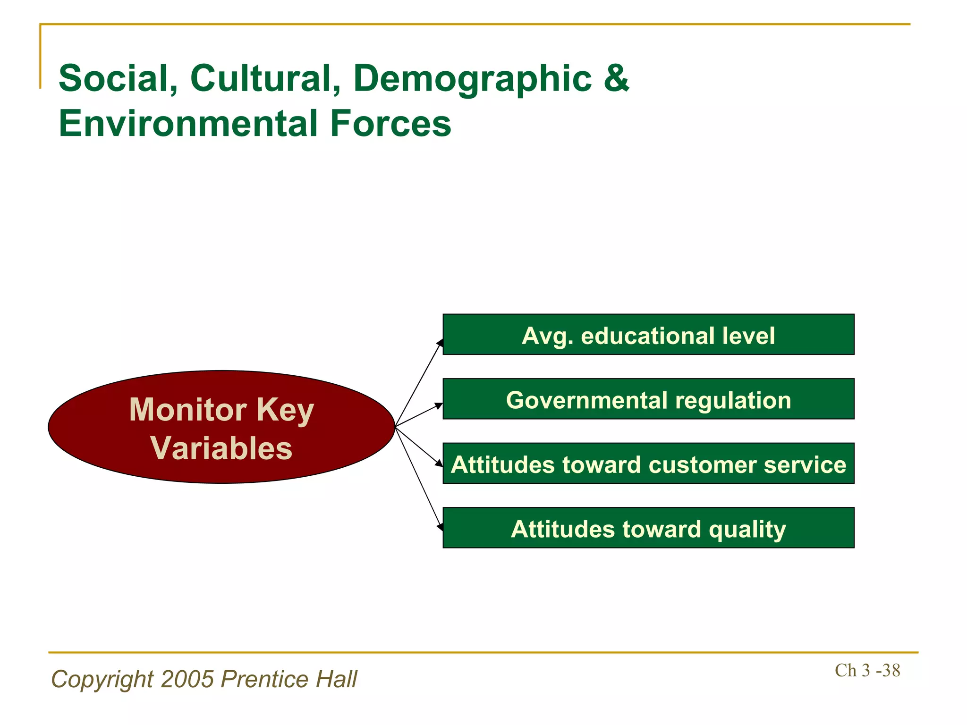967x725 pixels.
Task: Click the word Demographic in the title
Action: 472,79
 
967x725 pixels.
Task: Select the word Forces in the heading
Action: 390,124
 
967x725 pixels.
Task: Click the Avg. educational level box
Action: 648,335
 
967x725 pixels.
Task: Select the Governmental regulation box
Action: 648,399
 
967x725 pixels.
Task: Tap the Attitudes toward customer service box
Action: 648,464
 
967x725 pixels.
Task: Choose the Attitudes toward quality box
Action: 648,528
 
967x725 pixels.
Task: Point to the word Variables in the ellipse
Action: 221,447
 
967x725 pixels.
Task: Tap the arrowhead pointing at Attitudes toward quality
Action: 440,527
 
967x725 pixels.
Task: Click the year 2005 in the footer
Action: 187,679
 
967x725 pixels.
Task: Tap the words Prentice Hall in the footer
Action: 289,679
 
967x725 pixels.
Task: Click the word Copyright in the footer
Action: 102,680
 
